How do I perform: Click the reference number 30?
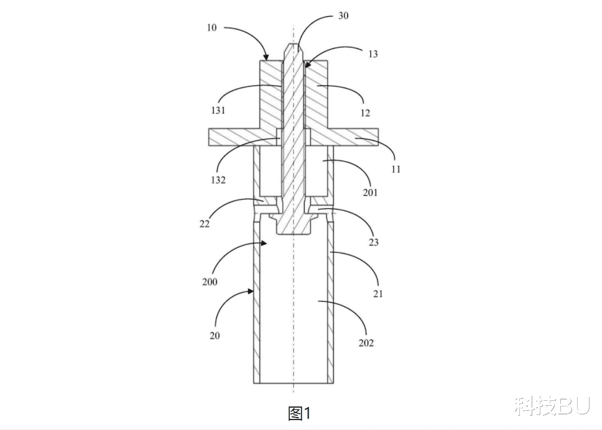(343, 16)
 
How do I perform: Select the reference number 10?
(211, 27)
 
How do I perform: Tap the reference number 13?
(373, 54)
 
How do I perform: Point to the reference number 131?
(218, 111)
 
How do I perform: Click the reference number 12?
(365, 113)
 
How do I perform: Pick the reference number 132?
(218, 180)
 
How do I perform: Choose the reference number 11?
(396, 169)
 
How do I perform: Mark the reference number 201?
(371, 193)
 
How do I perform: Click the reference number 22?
(205, 224)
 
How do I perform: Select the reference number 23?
(374, 242)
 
